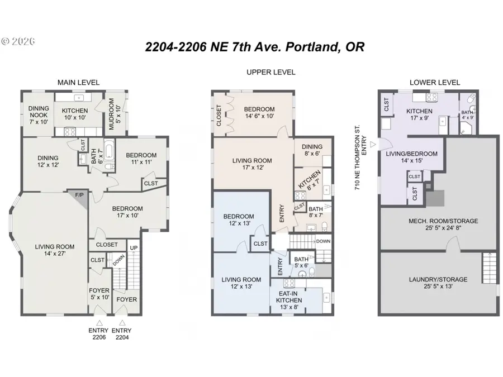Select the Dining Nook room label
[x=38, y=114]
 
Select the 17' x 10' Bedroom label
[x=126, y=211]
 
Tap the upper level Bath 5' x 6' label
[x=302, y=262]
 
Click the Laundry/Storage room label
[x=438, y=283]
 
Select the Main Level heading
[x=78, y=83]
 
